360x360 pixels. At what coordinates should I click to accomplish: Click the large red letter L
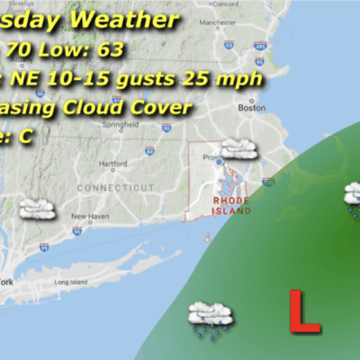pyautogui.click(x=308, y=310)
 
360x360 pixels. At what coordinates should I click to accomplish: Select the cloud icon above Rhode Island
pyautogui.click(x=237, y=148)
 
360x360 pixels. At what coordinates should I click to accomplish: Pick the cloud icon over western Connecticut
pyautogui.click(x=37, y=208)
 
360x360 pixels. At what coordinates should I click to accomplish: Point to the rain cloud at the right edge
pyautogui.click(x=353, y=195)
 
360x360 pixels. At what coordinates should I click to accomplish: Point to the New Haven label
pyautogui.click(x=91, y=217)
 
